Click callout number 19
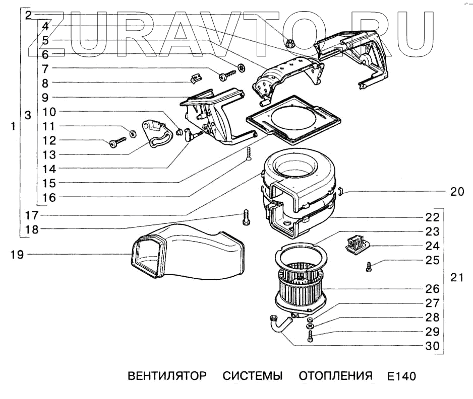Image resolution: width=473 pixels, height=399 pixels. tap(17, 255)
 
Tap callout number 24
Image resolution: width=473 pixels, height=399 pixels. tap(432, 246)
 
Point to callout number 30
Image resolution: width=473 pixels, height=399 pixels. tap(432, 346)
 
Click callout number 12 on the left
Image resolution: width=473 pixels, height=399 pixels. tap(49, 140)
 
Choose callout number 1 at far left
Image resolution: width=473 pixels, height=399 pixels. tap(13, 127)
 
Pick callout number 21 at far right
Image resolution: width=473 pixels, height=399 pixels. tap(457, 277)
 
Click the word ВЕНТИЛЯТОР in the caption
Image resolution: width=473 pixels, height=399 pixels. tap(167, 376)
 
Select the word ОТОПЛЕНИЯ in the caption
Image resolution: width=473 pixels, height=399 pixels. tap(335, 376)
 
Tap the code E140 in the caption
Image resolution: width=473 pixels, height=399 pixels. tap(402, 377)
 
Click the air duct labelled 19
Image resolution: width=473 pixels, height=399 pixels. tap(187, 254)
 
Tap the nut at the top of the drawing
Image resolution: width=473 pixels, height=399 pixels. tap(290, 43)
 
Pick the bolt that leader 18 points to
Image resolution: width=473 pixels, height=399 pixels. tap(246, 217)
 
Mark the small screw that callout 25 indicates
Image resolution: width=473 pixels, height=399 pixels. tap(369, 267)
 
